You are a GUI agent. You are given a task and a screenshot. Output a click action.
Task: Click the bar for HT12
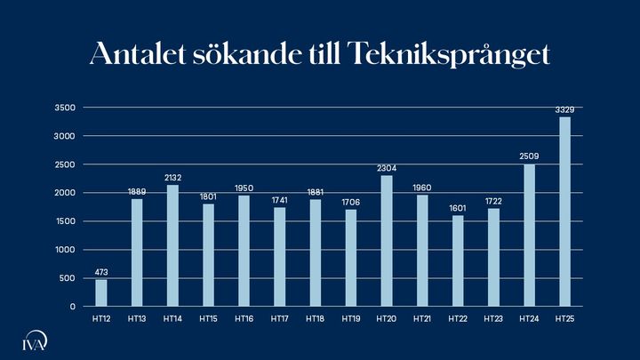pyautogui.click(x=101, y=293)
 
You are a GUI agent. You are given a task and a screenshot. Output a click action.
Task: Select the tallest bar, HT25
pyautogui.click(x=564, y=212)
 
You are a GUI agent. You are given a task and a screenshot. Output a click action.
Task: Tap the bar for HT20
pyautogui.click(x=386, y=241)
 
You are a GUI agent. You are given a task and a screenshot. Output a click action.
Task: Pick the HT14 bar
pyautogui.click(x=172, y=245)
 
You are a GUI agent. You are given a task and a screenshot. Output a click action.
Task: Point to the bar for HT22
pyautogui.click(x=458, y=260)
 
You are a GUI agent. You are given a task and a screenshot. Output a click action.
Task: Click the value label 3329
pyautogui.click(x=564, y=109)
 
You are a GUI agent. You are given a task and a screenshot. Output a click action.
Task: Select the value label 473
pyautogui.click(x=101, y=272)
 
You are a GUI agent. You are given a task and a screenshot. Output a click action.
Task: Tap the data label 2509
pyautogui.click(x=529, y=156)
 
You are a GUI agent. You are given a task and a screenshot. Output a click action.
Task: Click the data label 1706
pyautogui.click(x=350, y=202)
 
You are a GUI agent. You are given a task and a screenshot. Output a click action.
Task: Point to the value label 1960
pyautogui.click(x=422, y=188)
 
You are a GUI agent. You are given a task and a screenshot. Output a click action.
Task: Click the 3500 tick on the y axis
pyautogui.click(x=66, y=108)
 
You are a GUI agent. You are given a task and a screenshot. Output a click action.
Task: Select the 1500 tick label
pyautogui.click(x=66, y=221)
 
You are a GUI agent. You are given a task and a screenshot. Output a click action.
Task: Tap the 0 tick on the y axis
pyautogui.click(x=72, y=307)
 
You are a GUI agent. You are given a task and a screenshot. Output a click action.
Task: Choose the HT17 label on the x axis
pyautogui.click(x=279, y=317)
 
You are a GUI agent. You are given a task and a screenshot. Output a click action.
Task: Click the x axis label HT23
pyautogui.click(x=493, y=317)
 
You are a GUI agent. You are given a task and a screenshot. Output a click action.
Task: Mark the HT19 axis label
pyautogui.click(x=350, y=317)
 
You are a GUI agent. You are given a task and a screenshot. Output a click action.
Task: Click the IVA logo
pyautogui.click(x=35, y=342)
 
